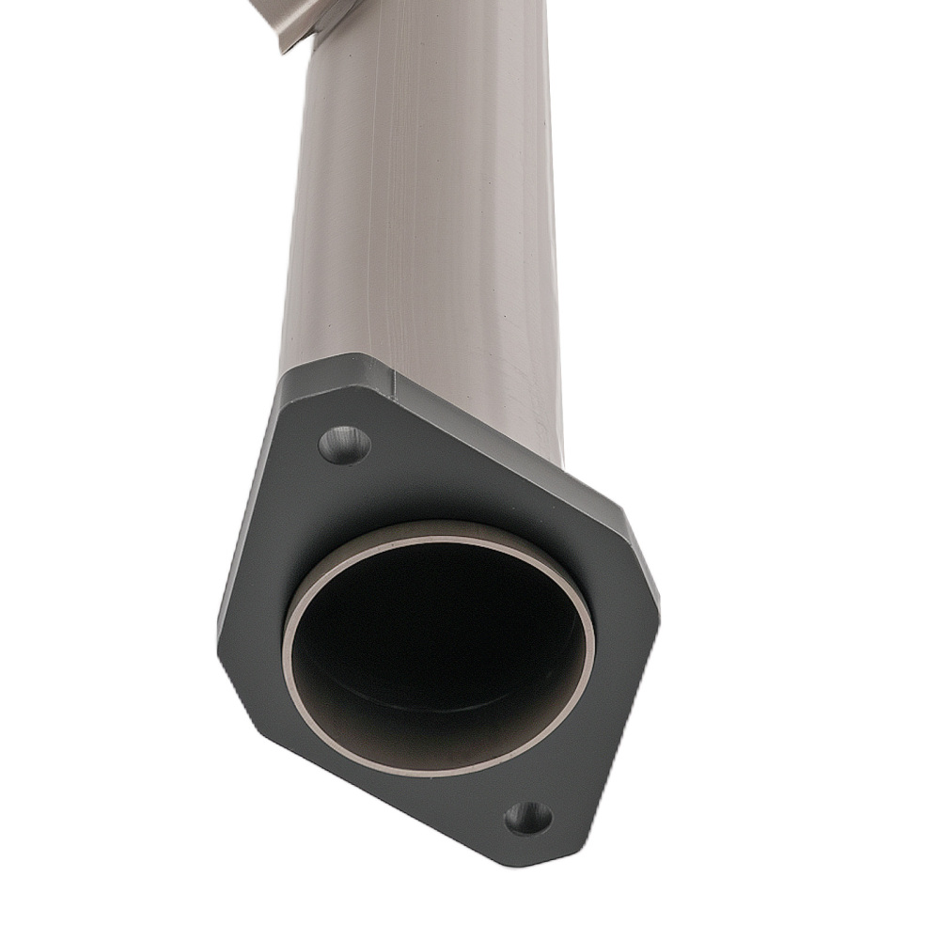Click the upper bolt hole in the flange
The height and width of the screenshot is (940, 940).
[344, 445]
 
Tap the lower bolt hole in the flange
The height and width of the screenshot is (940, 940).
[528, 818]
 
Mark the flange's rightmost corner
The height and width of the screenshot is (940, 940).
[656, 602]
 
